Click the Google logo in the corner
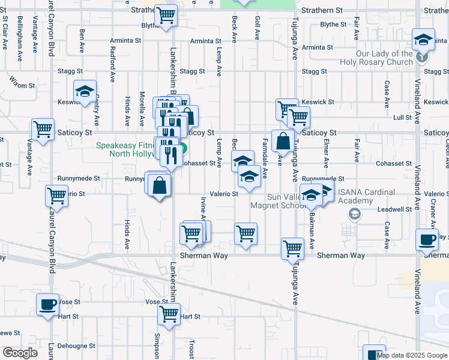[20, 353]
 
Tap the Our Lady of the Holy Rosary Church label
[384, 58]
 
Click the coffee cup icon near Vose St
[47, 304]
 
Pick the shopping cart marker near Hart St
[169, 314]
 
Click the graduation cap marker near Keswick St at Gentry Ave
[85, 92]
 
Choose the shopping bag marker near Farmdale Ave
[282, 142]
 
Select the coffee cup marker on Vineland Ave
[427, 239]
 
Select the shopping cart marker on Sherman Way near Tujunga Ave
[292, 248]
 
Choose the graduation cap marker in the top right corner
[424, 41]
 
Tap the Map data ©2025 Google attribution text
[412, 355]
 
